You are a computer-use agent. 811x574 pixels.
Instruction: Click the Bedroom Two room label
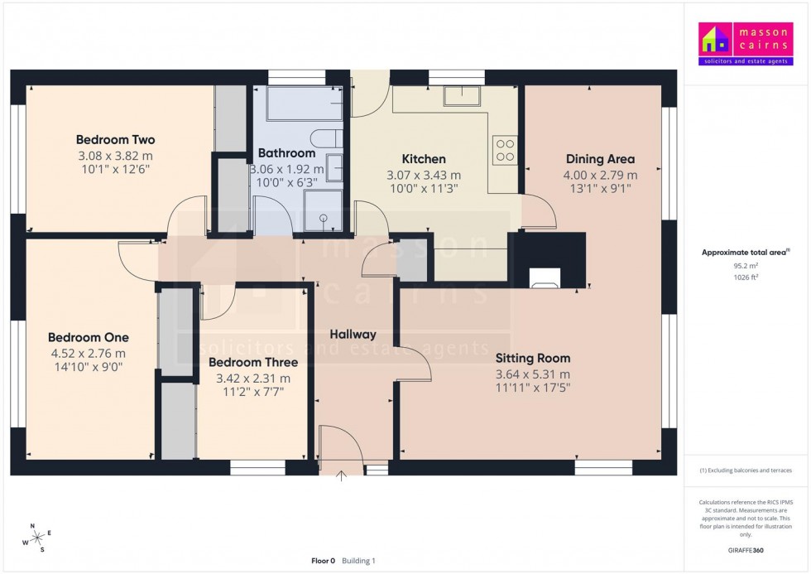tap(115, 140)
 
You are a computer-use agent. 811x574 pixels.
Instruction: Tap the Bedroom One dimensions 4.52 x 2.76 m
tap(89, 353)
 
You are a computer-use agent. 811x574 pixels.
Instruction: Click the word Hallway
tap(353, 335)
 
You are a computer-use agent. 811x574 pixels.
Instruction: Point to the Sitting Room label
tap(533, 359)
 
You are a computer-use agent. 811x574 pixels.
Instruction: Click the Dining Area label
tap(600, 159)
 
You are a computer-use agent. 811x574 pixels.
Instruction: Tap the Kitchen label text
tap(424, 159)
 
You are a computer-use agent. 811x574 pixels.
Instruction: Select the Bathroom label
tap(286, 153)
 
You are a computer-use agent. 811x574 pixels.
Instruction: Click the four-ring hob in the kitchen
tap(504, 149)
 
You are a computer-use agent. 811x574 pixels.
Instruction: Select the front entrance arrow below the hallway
tap(342, 475)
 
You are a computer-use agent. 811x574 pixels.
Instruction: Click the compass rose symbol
tap(37, 538)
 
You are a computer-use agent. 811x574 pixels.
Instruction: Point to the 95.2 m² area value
tap(746, 266)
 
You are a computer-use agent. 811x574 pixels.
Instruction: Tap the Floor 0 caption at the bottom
tap(323, 561)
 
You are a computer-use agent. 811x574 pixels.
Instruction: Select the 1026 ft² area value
tap(746, 277)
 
